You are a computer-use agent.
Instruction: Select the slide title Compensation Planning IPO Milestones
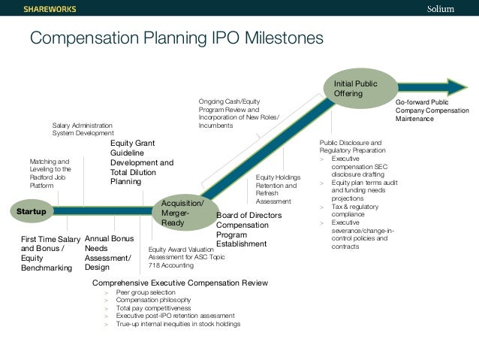(176, 38)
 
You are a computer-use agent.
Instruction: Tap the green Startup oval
(31, 212)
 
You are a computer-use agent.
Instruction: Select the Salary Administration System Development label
(83, 129)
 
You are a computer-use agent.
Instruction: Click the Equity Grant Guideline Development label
(141, 162)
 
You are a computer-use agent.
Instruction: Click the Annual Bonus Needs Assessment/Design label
(108, 253)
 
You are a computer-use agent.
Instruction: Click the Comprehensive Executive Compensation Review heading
(179, 282)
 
